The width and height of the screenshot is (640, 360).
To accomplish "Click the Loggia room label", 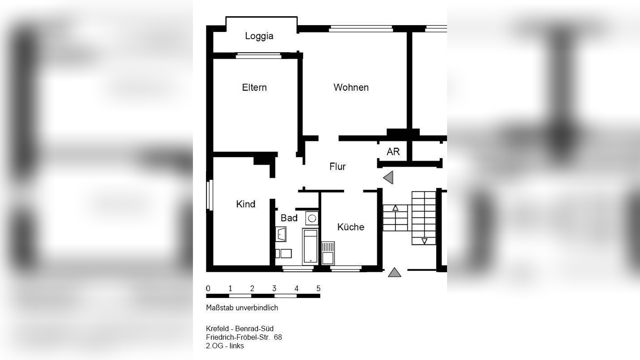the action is coord(259,36).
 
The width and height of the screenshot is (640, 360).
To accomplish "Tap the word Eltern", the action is coord(254,87).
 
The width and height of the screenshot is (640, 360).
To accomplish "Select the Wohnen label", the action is coord(351,87).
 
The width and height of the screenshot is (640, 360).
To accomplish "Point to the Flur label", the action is coord(337,166).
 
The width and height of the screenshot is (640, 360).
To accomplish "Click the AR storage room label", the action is coord(393,152).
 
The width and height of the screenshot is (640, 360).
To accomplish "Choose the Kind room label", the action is coord(246,204).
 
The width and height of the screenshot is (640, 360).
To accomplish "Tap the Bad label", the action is coord(289,218).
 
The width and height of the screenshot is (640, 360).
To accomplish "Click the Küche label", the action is coord(351,227).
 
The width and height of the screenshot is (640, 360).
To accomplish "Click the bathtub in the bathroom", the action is coord(310,246).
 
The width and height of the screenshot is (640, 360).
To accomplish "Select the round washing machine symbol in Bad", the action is coord(312,218).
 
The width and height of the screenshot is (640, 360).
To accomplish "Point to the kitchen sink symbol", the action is coord(328,253).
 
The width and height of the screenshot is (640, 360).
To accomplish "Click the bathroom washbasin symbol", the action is coord(281,234).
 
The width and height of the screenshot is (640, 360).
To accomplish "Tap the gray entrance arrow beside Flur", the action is coord(388,178).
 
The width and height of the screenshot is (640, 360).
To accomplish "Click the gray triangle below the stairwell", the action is coord(394,273).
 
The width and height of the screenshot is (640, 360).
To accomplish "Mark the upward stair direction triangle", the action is coord(395,208).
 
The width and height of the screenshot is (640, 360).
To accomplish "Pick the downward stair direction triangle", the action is coord(425,241).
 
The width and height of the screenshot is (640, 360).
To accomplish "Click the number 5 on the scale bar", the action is coord(318,288).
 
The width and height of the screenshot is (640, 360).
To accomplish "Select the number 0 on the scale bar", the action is coord(208,288).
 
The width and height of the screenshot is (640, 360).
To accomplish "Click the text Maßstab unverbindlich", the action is coord(242,308).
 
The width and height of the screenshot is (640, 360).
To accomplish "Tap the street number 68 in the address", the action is coord(277,337).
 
